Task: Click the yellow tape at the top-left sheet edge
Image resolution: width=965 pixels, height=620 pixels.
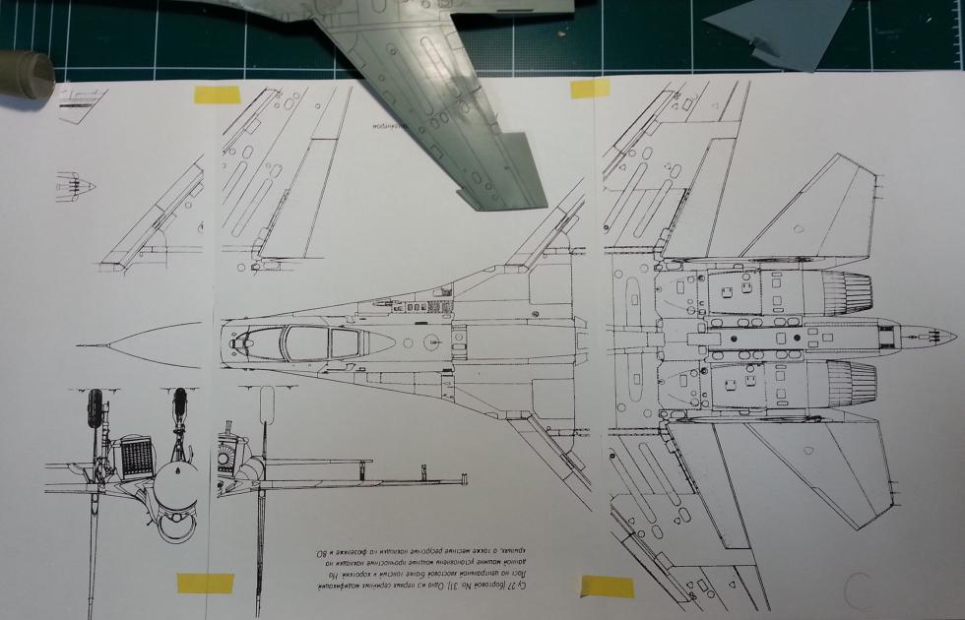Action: (217, 94)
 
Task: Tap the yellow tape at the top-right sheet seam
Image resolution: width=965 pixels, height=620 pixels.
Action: (590, 89)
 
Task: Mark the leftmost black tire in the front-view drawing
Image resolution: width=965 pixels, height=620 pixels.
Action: (96, 406)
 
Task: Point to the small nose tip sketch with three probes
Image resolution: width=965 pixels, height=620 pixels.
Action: (79, 184)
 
